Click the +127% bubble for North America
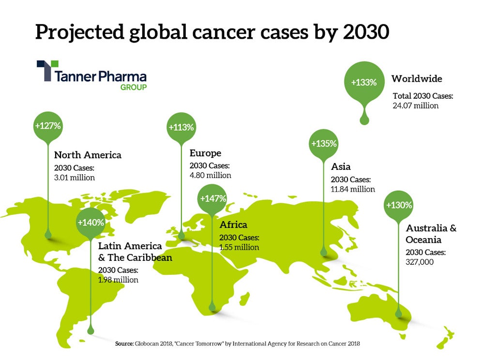(x=48, y=126)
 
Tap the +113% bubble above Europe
(x=181, y=128)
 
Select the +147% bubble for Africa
(x=212, y=198)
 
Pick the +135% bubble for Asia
(x=324, y=144)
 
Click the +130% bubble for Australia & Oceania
(x=399, y=205)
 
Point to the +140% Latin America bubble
(x=91, y=223)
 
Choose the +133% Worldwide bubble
(x=364, y=82)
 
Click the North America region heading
(x=88, y=155)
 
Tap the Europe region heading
(x=205, y=153)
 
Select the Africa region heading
(x=233, y=225)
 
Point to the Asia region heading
(x=341, y=167)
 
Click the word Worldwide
(x=417, y=78)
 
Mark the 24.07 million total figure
(x=415, y=105)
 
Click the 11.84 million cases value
(x=353, y=189)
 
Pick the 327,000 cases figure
(x=420, y=262)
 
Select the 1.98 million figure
(x=118, y=280)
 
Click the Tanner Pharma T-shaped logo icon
(x=47, y=71)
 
